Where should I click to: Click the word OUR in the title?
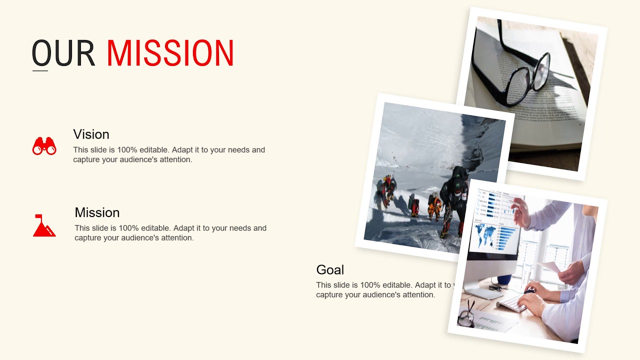63,53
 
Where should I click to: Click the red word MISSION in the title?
170,53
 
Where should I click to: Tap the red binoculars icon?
44,146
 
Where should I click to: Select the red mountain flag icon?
44,225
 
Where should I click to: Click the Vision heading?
91,134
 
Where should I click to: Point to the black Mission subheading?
97,212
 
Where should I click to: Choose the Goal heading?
330,270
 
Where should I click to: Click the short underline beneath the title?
40,70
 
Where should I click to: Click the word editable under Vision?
154,150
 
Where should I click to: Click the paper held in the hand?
550,266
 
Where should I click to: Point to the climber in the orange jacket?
434,205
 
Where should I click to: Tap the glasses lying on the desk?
466,316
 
